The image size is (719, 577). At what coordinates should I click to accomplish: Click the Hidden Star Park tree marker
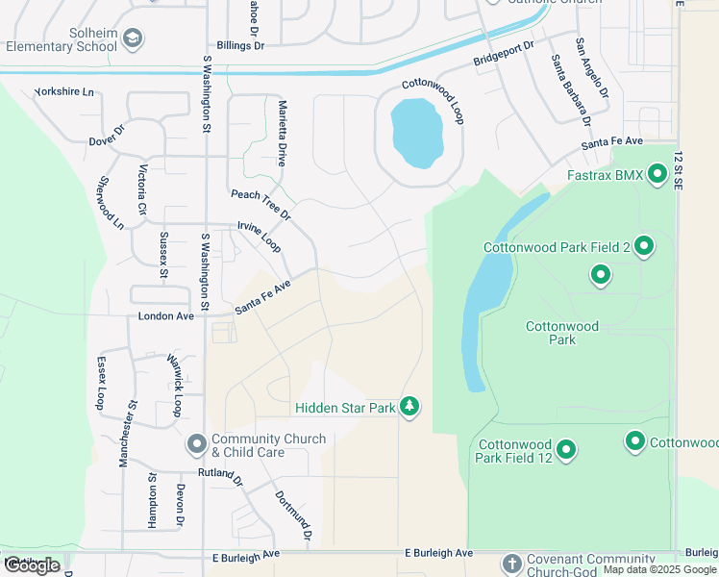[x=410, y=407]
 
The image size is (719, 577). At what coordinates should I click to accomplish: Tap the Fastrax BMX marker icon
[x=657, y=175]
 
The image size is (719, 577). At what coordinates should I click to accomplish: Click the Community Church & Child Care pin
[x=197, y=444]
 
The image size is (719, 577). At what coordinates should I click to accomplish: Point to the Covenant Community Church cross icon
[x=511, y=562]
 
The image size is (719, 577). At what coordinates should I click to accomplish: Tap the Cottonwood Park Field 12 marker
[x=566, y=449]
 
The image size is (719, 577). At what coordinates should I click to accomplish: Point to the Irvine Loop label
[x=260, y=238]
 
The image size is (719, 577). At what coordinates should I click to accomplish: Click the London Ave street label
[x=165, y=315]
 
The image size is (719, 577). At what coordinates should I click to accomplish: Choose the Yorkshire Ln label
[x=64, y=92]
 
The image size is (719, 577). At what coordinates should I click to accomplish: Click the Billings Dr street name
[x=240, y=45]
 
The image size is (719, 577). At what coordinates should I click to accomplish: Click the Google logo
[x=32, y=565]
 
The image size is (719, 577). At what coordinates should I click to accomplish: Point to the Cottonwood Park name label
[x=562, y=333]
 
